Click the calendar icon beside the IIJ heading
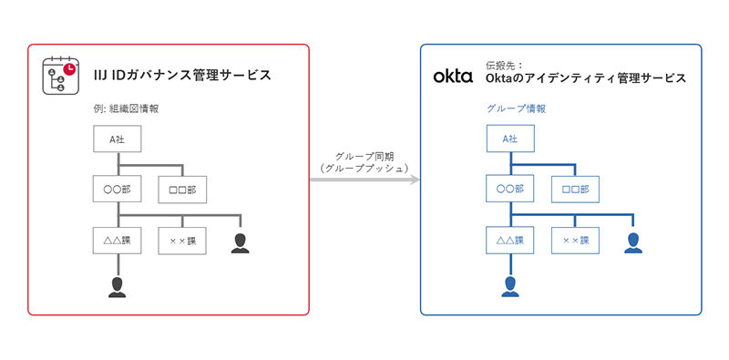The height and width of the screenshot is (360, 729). click(61, 77)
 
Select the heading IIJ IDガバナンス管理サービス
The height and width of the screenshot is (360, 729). click(181, 75)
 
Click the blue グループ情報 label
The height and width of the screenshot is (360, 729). click(517, 108)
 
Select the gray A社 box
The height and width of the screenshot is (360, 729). click(117, 139)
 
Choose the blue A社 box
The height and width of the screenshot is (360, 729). click(510, 139)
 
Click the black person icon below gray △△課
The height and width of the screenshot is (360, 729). click(117, 287)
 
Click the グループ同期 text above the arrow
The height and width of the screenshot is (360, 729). click(364, 156)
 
